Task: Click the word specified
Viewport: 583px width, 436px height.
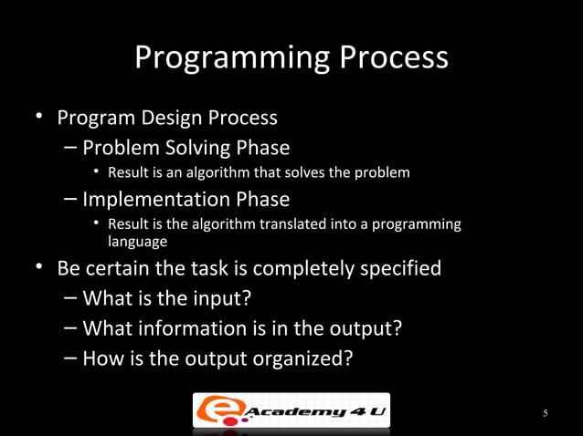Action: pyautogui.click(x=408, y=269)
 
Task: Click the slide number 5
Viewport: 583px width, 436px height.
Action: pyautogui.click(x=546, y=414)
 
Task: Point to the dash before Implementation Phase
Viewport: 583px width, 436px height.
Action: pyautogui.click(x=70, y=199)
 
